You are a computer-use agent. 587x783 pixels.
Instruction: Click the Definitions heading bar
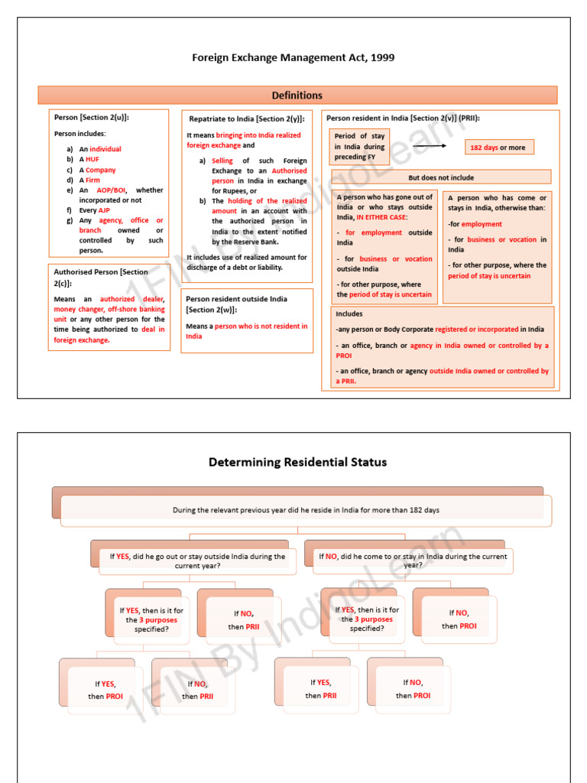point(297,96)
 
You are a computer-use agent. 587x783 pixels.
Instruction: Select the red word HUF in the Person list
point(92,159)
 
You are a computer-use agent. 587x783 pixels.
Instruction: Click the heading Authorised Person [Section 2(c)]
point(101,277)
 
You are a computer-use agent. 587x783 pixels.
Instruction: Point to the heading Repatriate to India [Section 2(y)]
point(247,119)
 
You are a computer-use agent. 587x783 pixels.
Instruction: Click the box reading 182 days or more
point(500,148)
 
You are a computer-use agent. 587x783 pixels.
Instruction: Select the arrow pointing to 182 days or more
point(430,145)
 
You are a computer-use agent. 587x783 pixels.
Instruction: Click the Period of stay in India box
point(359,146)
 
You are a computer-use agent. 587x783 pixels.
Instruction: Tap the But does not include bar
point(440,177)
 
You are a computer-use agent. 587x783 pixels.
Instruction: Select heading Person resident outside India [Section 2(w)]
point(236,304)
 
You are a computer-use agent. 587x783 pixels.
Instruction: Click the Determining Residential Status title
point(297,462)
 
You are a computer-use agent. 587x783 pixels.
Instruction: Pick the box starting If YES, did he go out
point(197,561)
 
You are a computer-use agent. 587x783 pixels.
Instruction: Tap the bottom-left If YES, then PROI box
point(105,690)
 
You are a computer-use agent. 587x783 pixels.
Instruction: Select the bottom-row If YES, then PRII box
point(321,689)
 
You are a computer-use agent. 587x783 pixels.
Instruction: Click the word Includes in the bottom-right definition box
point(349,314)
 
